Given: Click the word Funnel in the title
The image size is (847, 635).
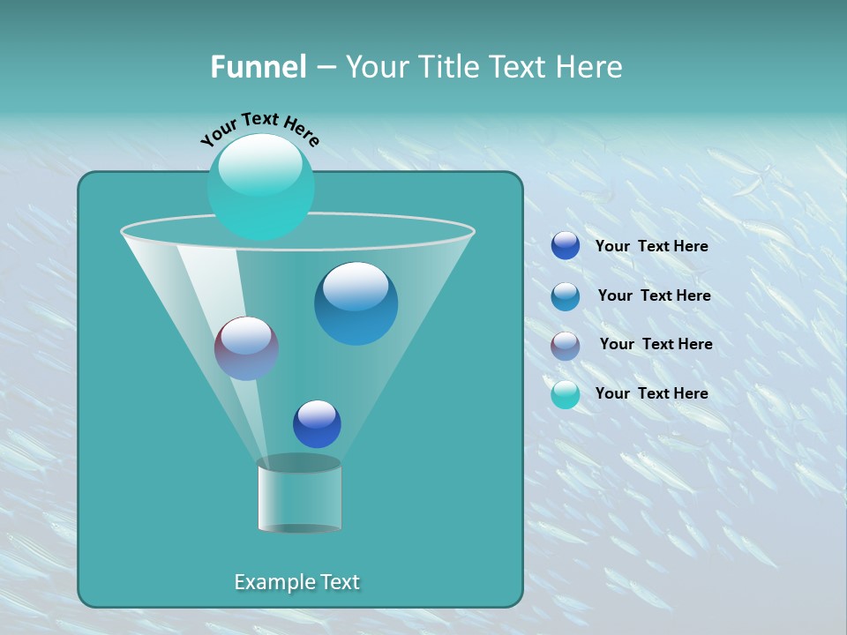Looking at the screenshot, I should (258, 67).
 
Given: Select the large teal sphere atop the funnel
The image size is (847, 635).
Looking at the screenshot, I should (260, 187).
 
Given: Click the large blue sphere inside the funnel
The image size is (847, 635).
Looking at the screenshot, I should (356, 303).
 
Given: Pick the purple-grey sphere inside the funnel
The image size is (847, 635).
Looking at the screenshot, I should (246, 348).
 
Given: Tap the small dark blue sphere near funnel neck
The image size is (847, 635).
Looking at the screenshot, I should (317, 424).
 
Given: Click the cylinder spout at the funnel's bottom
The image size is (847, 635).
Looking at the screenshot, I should (299, 496).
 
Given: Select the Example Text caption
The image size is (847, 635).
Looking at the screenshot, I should (296, 582).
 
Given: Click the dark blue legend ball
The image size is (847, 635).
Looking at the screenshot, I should (566, 246).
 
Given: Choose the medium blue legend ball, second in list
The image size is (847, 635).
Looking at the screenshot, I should (566, 296).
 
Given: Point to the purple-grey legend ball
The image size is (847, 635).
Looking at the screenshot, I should (566, 346).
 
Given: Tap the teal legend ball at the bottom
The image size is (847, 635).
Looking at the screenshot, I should (566, 394).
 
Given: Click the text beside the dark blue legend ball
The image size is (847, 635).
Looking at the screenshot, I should (651, 246).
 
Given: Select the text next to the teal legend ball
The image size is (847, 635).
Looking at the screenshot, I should (651, 393).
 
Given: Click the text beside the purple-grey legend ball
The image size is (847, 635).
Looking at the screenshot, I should (656, 344).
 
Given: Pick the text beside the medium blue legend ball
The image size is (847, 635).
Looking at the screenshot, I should (654, 295).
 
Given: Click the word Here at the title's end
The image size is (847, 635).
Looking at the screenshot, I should (591, 67).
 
